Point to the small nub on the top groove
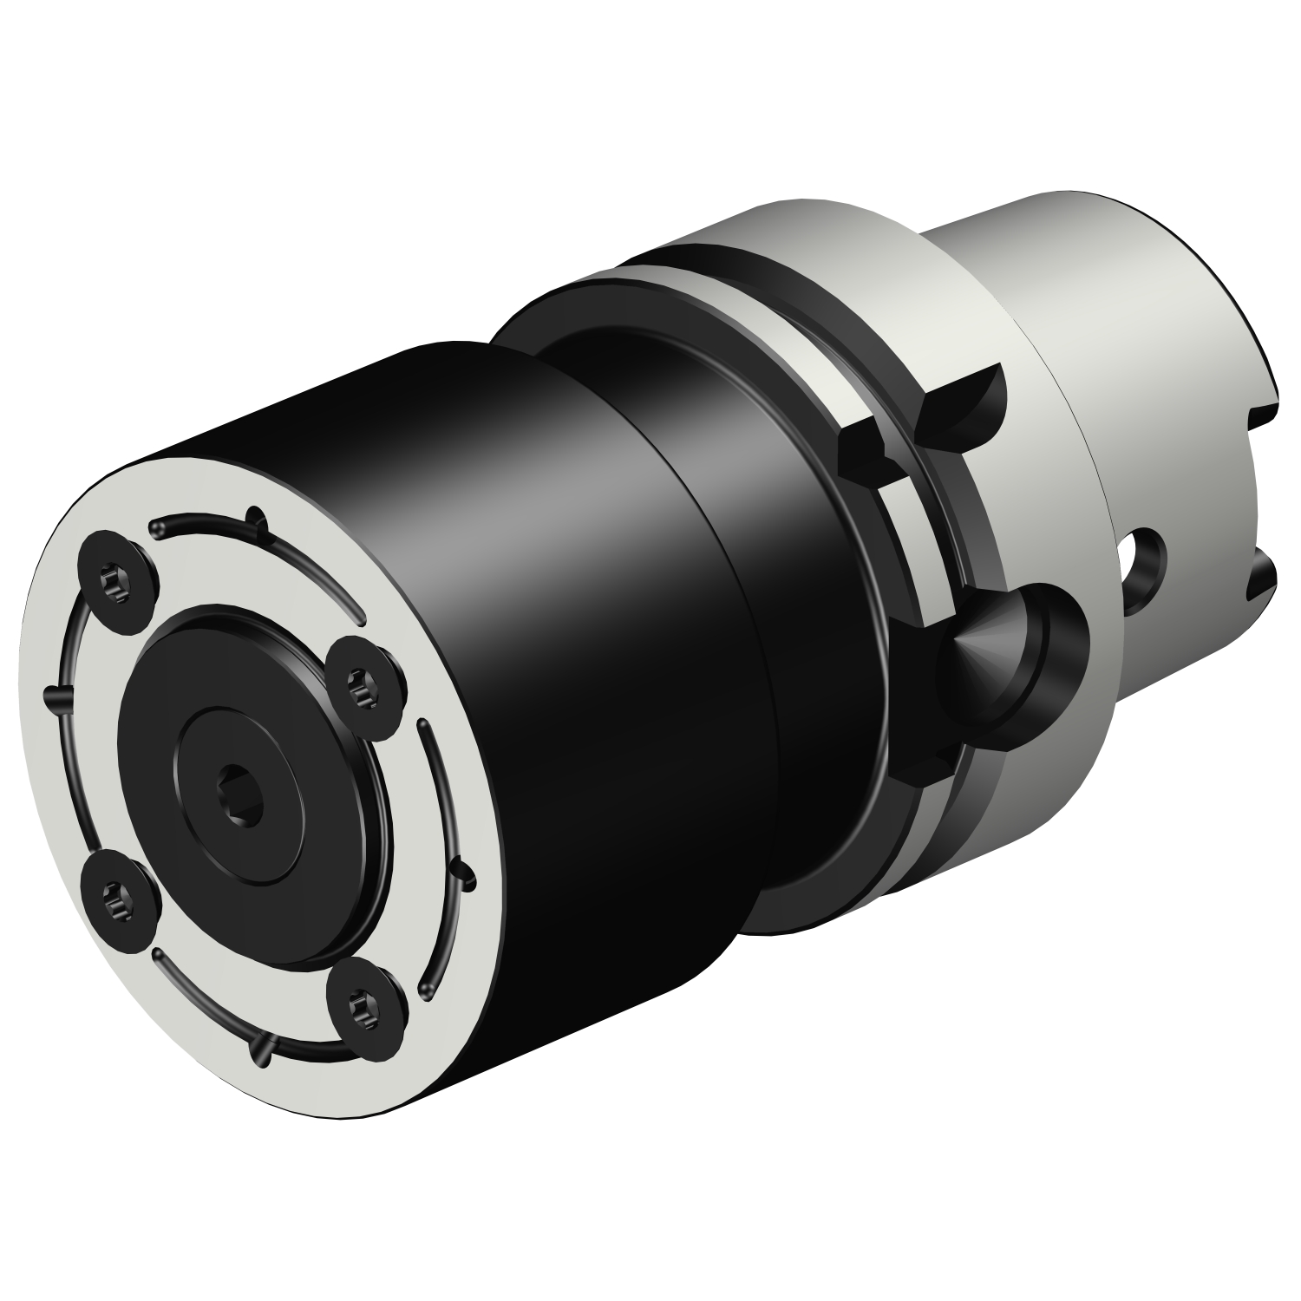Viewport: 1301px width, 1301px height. coord(256,518)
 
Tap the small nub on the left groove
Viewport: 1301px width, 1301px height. coord(54,693)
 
